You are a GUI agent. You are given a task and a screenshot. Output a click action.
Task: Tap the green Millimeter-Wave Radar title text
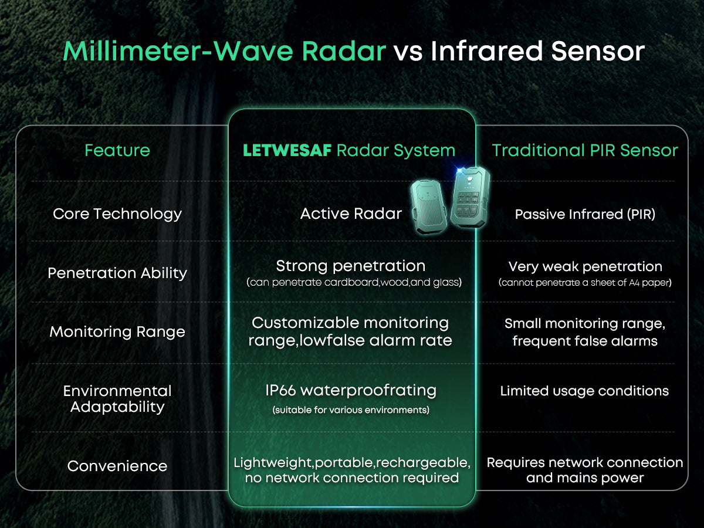click(224, 52)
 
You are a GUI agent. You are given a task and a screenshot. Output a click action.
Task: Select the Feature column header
click(117, 150)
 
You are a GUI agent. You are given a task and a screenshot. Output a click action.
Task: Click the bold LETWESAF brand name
click(287, 151)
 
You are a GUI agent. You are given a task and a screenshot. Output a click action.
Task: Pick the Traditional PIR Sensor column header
click(585, 150)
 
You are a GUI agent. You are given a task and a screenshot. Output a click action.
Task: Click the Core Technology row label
click(117, 214)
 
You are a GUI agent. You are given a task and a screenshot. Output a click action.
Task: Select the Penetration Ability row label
click(117, 273)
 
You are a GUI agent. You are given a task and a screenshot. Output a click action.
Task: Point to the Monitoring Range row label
click(117, 331)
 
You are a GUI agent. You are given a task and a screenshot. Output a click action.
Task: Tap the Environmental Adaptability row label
click(117, 399)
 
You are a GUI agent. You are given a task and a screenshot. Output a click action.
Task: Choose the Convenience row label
click(117, 466)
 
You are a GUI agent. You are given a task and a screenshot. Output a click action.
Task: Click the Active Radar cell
click(351, 214)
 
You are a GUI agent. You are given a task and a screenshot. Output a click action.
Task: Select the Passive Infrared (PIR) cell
click(585, 214)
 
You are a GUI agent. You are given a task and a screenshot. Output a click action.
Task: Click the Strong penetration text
click(351, 266)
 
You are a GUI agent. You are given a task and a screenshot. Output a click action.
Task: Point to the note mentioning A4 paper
click(585, 283)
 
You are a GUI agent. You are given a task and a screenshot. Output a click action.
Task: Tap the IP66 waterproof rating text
click(351, 390)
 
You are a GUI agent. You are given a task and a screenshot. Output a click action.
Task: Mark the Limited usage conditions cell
click(584, 391)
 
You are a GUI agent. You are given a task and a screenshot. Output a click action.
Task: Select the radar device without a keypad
click(430, 207)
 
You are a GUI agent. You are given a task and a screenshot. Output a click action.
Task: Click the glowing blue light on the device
click(462, 172)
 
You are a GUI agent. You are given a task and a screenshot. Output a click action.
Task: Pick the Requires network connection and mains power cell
click(585, 470)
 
